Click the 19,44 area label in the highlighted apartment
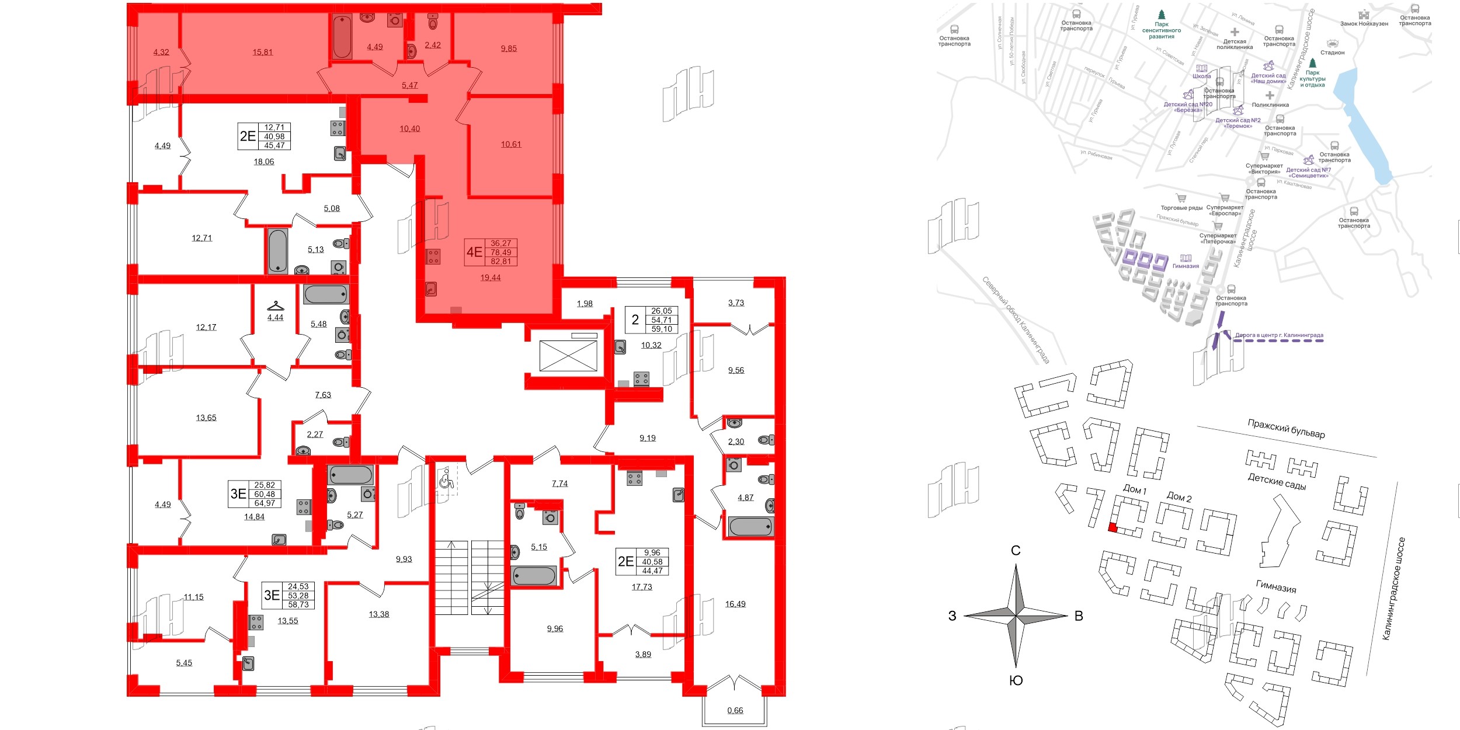click(491, 278)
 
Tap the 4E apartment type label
click(474, 252)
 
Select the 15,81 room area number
click(263, 52)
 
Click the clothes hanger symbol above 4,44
click(276, 306)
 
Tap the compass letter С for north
click(1016, 551)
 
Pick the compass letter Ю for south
click(1016, 680)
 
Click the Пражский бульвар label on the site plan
click(1286, 429)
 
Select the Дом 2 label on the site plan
click(1179, 497)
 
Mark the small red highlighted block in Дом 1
click(1113, 528)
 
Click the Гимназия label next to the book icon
click(1186, 266)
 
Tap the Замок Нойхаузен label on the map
click(1364, 24)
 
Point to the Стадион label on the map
click(1333, 53)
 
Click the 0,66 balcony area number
click(735, 711)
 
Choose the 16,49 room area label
click(735, 604)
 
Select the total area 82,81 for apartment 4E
click(501, 262)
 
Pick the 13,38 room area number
click(379, 614)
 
